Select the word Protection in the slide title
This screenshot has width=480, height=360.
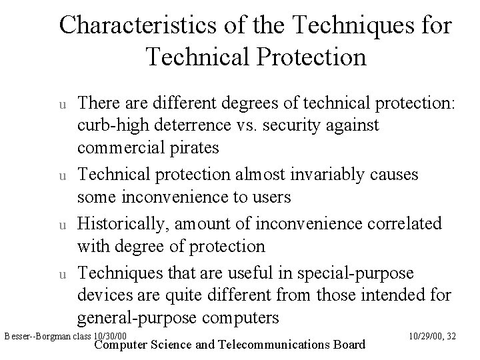(x=310, y=57)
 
